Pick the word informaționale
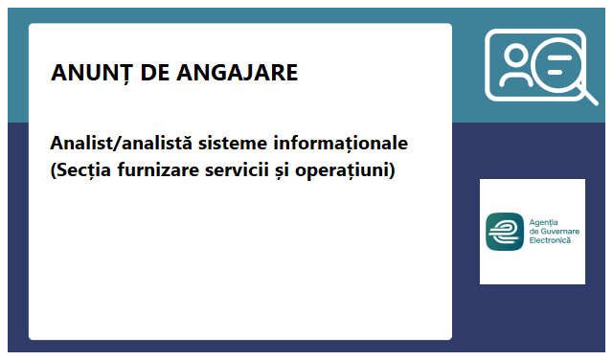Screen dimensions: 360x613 (342, 145)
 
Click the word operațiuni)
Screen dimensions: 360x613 (351, 171)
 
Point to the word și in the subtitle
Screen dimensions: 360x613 (297, 171)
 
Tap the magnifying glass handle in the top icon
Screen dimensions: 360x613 (586, 94)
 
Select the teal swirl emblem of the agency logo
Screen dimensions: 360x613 (505, 231)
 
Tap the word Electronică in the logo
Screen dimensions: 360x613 (550, 240)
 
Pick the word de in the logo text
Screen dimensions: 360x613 (534, 231)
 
